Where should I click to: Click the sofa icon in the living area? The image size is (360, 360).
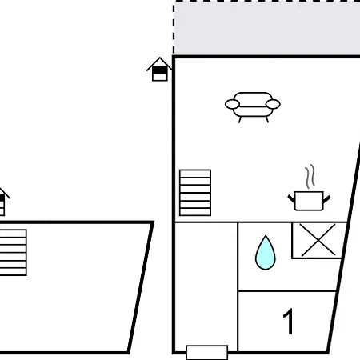point(253,107)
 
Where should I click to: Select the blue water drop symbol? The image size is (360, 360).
point(266,253)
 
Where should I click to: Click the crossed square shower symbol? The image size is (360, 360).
point(318,240)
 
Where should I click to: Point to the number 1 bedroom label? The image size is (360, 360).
point(288,322)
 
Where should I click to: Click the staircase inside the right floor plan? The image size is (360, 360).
point(195,193)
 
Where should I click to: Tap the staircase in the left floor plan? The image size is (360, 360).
point(13,252)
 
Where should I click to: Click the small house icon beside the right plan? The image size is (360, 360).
point(159,69)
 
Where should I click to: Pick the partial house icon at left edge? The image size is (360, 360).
point(4,202)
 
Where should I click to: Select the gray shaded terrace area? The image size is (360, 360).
point(266,28)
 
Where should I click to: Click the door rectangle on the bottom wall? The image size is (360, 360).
point(207,353)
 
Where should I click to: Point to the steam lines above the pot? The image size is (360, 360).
point(310,176)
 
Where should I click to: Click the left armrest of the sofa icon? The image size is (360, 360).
point(232,104)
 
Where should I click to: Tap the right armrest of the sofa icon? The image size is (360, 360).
point(273,104)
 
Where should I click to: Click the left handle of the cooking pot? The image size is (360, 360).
point(291,198)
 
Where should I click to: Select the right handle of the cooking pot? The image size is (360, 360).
point(327,198)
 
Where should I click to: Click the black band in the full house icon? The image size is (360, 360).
point(159,70)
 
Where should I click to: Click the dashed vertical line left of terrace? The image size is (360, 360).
point(174,28)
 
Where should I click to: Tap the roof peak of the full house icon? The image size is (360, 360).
point(160,58)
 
